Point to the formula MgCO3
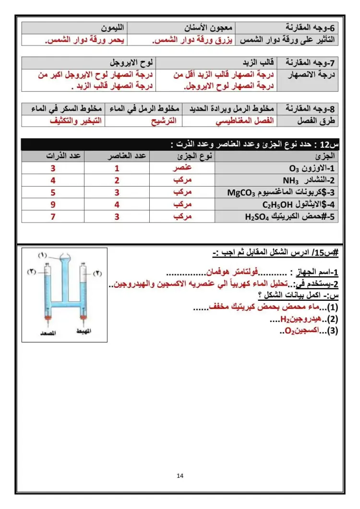pyautogui.click(x=242, y=193)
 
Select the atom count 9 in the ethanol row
pyautogui.click(x=53, y=205)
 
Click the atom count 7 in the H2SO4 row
pyautogui.click(x=53, y=217)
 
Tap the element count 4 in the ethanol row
pyautogui.click(x=117, y=205)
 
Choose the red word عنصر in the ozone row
pyautogui.click(x=182, y=168)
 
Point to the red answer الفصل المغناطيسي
pyautogui.click(x=245, y=121)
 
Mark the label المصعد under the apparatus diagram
pyautogui.click(x=47, y=331)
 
